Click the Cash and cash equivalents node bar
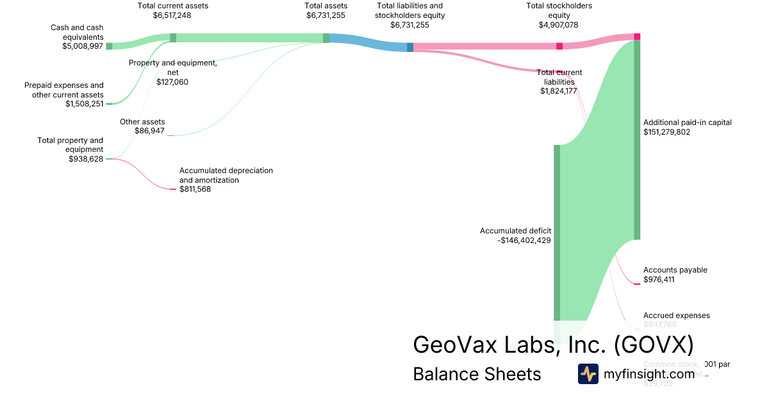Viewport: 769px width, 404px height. [109, 46]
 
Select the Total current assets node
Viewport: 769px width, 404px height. [173, 37]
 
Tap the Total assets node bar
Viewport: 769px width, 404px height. [326, 38]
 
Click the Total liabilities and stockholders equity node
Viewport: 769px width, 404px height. [410, 47]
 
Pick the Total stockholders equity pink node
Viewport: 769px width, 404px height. [559, 46]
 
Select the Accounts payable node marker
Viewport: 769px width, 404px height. [637, 283]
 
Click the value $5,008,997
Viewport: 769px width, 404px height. [83, 46]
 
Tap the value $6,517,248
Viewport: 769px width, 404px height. [172, 15]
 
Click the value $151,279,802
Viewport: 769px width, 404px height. [667, 132]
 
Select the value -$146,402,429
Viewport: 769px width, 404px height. [524, 240]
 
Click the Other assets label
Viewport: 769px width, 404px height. [142, 121]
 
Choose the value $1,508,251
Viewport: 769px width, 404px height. [84, 104]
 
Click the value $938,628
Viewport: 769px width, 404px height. [86, 159]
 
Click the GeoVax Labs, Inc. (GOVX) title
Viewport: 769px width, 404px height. [553, 345]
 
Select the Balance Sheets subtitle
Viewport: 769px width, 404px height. [477, 374]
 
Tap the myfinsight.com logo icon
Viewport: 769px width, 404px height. [588, 374]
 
